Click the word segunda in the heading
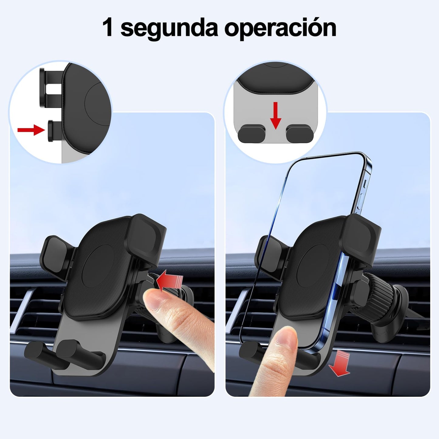tap(169, 29)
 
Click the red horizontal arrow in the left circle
tap(31, 130)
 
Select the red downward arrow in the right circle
tap(276, 115)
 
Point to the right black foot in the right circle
tap(300, 135)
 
